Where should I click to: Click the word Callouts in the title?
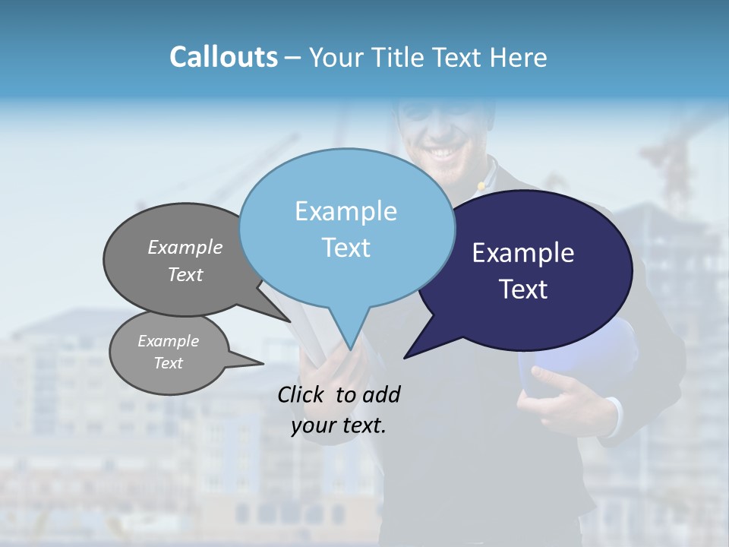tap(223, 57)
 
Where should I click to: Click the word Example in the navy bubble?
tap(522, 253)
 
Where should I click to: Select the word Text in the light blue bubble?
tap(346, 248)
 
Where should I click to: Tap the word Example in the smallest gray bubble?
tap(168, 341)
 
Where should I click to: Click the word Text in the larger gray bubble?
tap(185, 274)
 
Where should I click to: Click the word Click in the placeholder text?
tap(302, 394)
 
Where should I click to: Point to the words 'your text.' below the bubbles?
tap(339, 425)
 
